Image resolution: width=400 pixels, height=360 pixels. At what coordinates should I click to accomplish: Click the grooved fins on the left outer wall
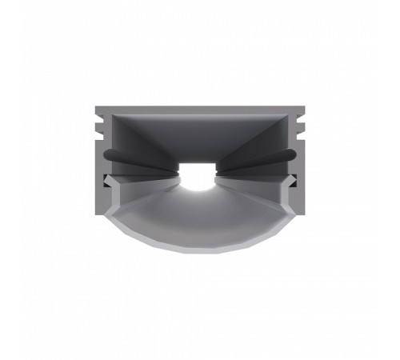(x=97, y=124)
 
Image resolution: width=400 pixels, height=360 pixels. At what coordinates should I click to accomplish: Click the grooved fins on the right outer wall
(x=302, y=124)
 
